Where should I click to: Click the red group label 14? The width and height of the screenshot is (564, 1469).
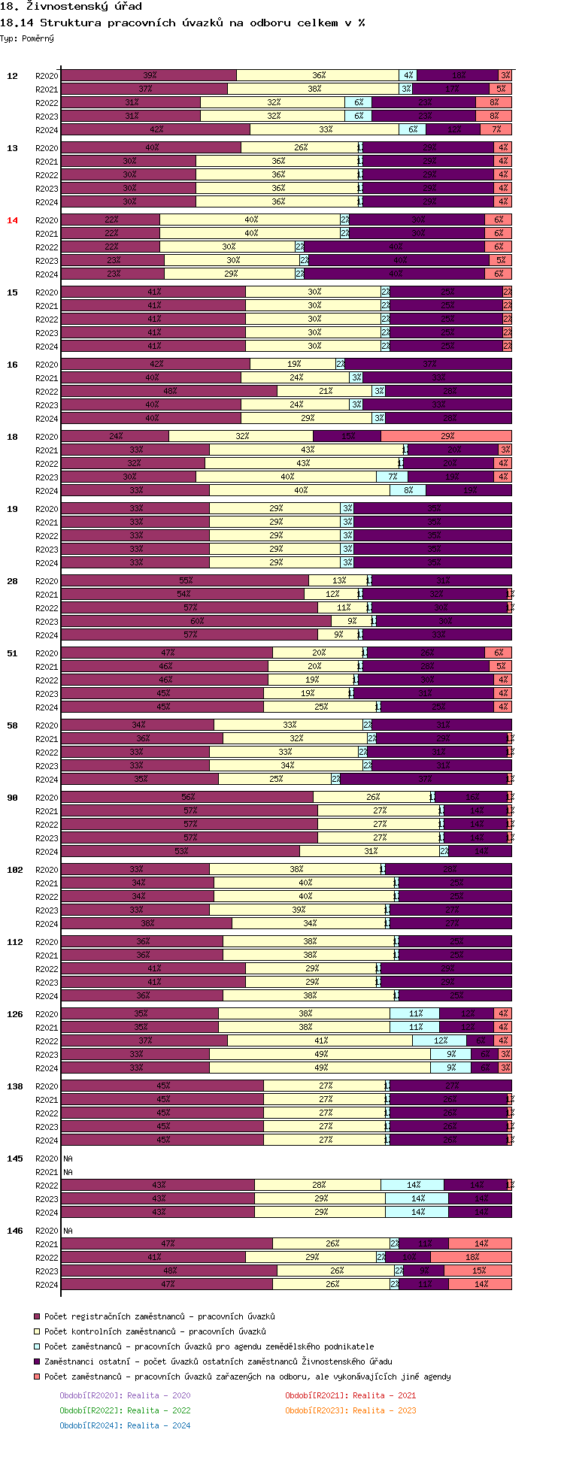[12, 220]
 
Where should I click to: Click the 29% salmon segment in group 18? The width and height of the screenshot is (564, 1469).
[447, 436]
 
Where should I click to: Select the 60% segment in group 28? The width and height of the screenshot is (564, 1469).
[196, 621]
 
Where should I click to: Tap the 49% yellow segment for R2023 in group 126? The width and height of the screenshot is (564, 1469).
[320, 1054]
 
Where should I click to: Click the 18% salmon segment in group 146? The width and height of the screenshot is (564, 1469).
[472, 1257]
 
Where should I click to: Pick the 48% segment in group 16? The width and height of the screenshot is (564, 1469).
[169, 391]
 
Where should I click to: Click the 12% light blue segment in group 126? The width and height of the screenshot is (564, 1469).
[440, 1040]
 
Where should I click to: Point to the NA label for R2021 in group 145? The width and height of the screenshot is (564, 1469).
[68, 1172]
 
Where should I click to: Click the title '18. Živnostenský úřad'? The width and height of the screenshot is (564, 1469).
[71, 7]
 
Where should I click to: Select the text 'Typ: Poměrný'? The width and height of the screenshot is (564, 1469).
[27, 38]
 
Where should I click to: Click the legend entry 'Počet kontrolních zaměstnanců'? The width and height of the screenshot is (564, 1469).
[155, 1331]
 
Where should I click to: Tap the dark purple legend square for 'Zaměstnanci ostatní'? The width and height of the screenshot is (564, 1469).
[36, 1361]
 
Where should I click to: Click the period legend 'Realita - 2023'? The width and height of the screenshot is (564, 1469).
[350, 1410]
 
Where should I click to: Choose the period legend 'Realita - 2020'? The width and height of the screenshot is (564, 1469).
[125, 1395]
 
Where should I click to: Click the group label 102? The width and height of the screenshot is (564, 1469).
[15, 870]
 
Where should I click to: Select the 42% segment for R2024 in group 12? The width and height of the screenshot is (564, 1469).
[156, 129]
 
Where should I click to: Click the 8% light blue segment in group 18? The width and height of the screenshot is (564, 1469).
[408, 490]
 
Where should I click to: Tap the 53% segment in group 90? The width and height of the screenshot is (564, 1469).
[180, 851]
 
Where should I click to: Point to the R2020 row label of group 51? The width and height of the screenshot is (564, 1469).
[47, 653]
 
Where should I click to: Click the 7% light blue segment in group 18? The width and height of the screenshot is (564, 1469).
[393, 477]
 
